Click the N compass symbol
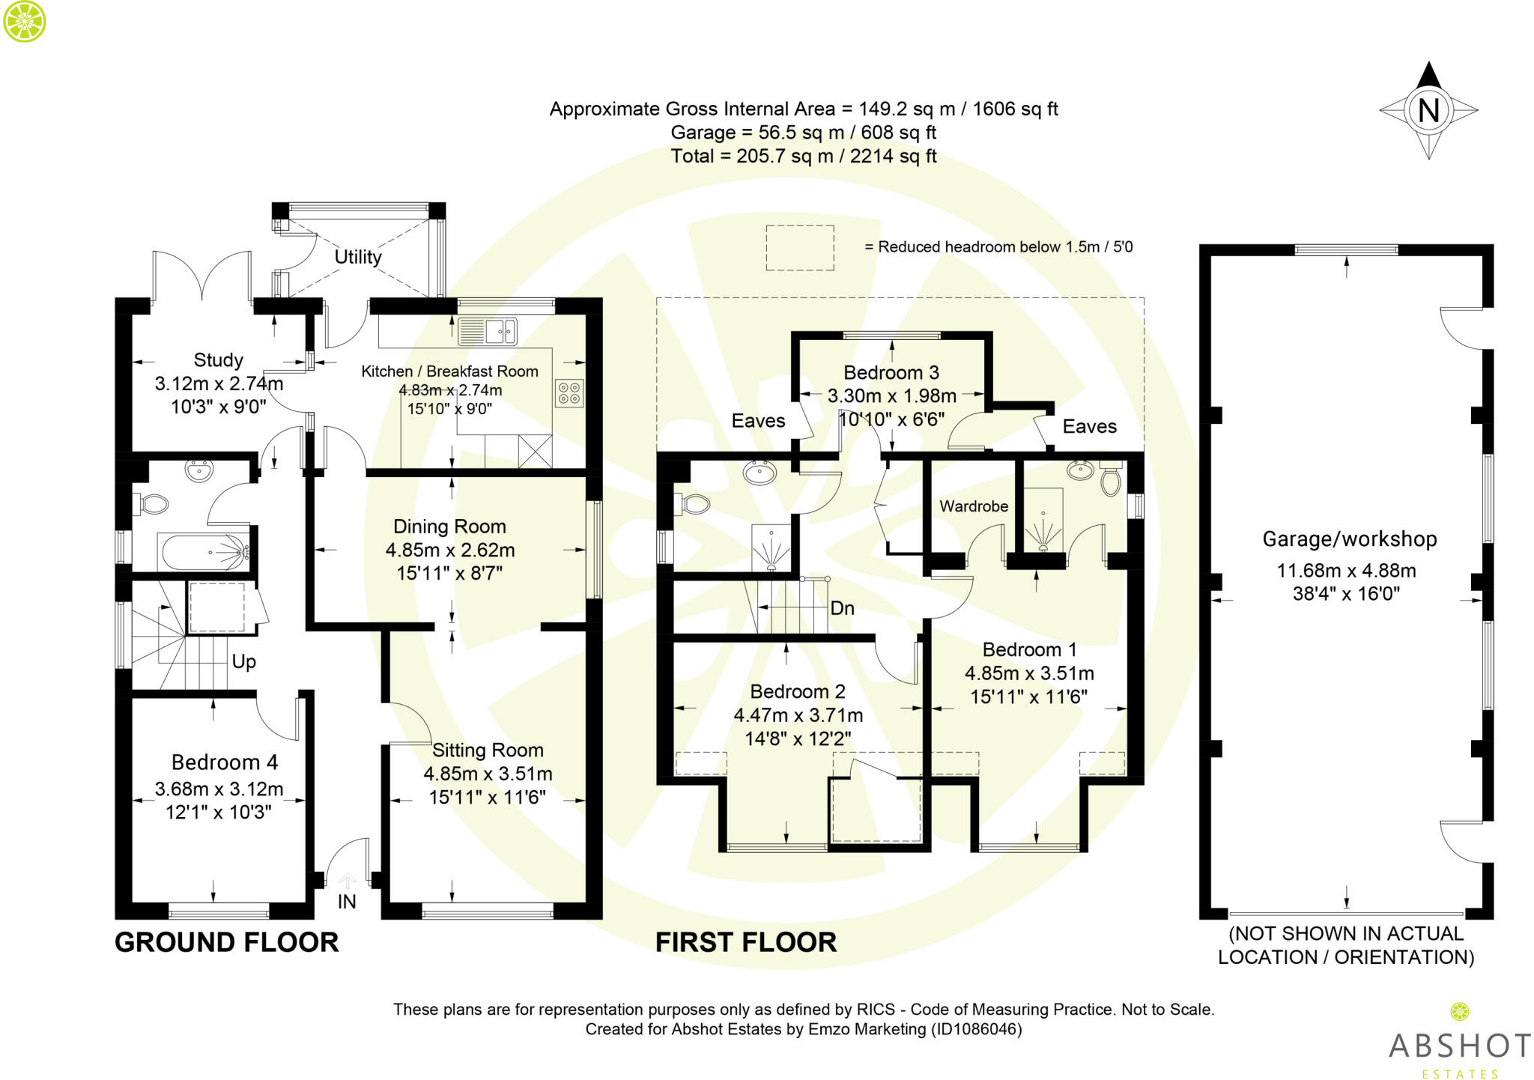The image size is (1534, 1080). (1428, 111)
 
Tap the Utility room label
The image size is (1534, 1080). (358, 257)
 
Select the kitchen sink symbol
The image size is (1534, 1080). (488, 331)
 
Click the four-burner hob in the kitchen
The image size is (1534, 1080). (569, 393)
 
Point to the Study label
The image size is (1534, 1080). (218, 360)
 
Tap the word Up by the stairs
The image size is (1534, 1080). (244, 661)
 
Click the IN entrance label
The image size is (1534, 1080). (347, 902)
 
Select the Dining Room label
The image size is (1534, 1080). (449, 527)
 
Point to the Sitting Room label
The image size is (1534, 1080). (488, 750)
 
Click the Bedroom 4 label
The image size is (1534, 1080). (224, 762)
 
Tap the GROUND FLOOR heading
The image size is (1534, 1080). (226, 942)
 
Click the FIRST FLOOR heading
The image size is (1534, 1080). (746, 942)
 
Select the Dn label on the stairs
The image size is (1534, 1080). (842, 608)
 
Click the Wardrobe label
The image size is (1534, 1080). (974, 506)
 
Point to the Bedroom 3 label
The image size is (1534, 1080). (891, 372)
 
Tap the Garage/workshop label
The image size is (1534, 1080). (1350, 539)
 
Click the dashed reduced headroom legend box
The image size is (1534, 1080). (800, 247)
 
